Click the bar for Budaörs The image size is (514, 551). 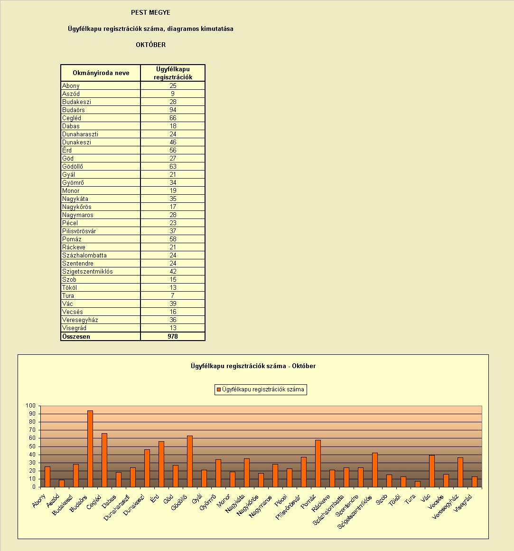(90, 449)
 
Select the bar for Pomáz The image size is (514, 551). (318, 464)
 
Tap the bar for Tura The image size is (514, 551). (418, 484)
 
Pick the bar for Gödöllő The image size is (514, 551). (189, 461)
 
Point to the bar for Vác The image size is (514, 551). (432, 471)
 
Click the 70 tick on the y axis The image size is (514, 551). (32, 430)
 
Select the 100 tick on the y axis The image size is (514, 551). (31, 406)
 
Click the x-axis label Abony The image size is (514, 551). (39, 501)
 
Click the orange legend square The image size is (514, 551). (219, 389)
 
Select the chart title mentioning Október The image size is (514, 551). (253, 366)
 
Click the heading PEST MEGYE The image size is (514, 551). (150, 12)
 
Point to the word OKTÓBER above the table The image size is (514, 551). (150, 45)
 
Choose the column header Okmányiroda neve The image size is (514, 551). (101, 73)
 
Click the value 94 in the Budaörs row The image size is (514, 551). (173, 110)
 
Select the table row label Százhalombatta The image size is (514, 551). (84, 256)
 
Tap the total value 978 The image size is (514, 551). (173, 336)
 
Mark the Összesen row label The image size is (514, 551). (76, 336)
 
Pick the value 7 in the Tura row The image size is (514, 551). (173, 295)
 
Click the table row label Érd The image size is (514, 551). (67, 150)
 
